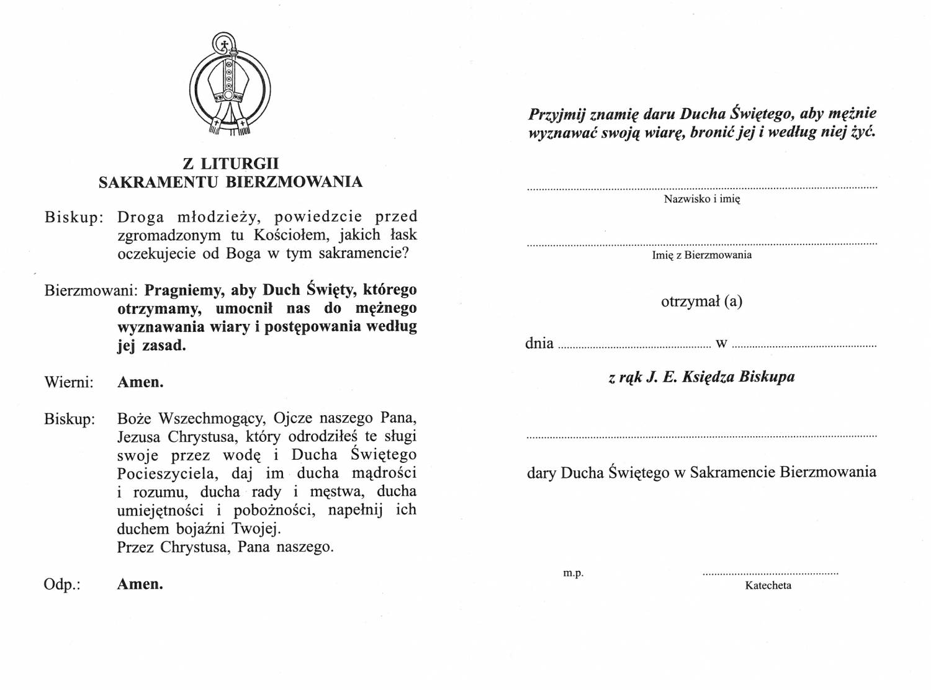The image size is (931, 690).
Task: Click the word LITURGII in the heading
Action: (240, 164)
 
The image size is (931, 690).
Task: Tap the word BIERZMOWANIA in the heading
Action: (294, 182)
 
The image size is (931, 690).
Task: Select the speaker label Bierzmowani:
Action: (92, 290)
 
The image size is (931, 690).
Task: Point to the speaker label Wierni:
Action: (69, 382)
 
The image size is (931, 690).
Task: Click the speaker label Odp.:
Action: (62, 585)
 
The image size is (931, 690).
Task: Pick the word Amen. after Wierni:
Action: (141, 382)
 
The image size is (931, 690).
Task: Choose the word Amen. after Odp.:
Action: (140, 585)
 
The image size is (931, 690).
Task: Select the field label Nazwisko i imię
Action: (702, 199)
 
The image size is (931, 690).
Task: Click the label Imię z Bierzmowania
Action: (702, 255)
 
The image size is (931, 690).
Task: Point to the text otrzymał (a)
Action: (702, 302)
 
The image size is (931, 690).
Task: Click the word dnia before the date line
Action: (539, 343)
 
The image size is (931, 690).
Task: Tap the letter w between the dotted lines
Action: (721, 344)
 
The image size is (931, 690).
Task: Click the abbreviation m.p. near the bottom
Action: (573, 573)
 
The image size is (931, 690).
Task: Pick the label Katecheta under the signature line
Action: (768, 586)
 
